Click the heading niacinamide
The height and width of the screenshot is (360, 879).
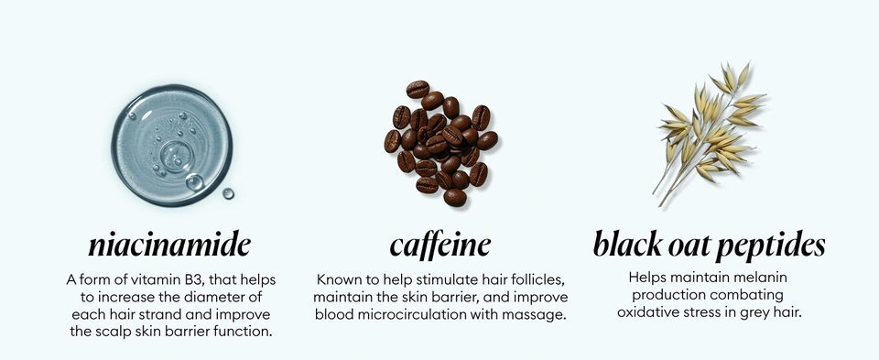point(169,245)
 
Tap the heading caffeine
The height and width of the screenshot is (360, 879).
point(439,245)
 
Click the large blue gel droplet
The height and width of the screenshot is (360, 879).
point(171,144)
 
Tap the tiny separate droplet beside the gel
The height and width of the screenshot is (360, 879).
point(228,193)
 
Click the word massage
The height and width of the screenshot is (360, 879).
point(538,314)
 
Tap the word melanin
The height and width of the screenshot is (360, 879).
point(762,277)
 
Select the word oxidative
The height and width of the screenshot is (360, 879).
point(648,312)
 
